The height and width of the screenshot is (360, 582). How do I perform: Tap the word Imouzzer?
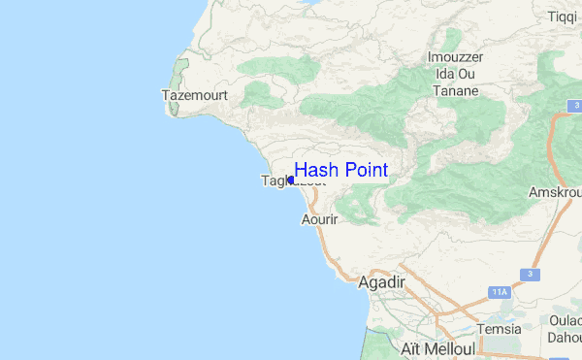[x=456, y=56]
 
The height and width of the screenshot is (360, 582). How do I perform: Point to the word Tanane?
[x=456, y=91]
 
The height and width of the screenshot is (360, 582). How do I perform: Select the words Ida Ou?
[x=455, y=74]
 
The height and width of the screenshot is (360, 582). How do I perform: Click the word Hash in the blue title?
[x=314, y=171]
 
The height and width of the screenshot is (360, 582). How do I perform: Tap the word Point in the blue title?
[x=365, y=171]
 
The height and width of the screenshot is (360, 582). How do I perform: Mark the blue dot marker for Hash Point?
[x=291, y=180]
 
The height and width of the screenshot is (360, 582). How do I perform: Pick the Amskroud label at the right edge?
[x=554, y=193]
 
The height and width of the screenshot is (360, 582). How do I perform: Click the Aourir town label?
[x=319, y=221]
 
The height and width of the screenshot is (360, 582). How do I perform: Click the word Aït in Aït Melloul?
[x=411, y=348]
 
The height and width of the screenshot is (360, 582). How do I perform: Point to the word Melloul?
[x=450, y=348]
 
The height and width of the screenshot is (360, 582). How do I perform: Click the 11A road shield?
[x=499, y=291]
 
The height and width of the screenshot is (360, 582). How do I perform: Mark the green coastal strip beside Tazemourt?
[x=177, y=87]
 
